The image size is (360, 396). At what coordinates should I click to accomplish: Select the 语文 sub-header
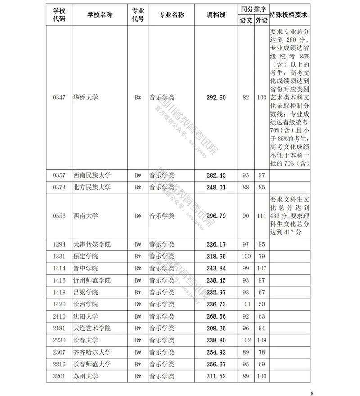(246, 20)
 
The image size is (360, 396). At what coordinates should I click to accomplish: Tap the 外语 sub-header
(261, 20)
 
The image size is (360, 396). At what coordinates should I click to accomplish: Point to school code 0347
(59, 97)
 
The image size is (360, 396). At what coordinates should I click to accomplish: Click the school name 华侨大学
(85, 97)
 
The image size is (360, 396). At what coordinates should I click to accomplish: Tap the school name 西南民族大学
(92, 175)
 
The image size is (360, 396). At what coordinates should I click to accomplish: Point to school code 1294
(59, 244)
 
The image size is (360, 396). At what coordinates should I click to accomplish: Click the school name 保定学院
(85, 256)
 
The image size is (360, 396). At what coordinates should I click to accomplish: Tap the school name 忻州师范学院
(92, 280)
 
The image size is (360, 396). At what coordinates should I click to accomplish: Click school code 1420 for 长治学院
(59, 304)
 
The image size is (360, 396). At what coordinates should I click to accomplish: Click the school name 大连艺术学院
(92, 328)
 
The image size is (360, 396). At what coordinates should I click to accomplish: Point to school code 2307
(59, 352)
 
